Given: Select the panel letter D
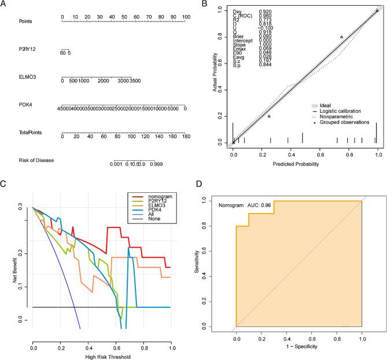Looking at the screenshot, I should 200,184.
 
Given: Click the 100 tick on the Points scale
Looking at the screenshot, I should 185,17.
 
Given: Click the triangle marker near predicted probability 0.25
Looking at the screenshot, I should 269,116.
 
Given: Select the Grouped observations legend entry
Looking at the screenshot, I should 342,122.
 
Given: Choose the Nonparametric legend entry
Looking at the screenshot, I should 336,116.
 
